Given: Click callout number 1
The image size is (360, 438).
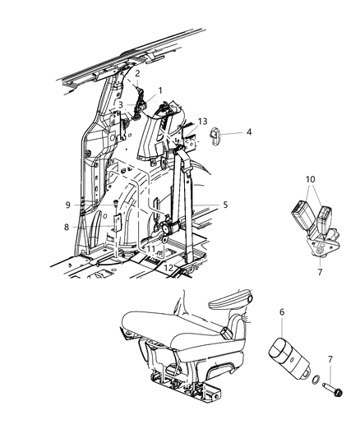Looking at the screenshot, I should pos(160,90).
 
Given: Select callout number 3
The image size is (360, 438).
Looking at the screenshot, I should pos(120,104).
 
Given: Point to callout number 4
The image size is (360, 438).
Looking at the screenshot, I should pos(250,131).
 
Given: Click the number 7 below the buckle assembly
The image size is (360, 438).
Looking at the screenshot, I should pos(318,270).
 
